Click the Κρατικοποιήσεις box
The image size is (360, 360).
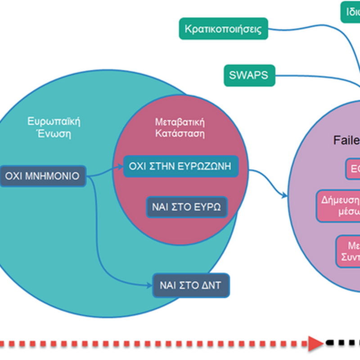point(224,29)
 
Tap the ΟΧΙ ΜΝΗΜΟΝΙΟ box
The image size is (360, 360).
point(43,176)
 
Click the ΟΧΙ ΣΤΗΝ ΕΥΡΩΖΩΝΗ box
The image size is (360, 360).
point(180,166)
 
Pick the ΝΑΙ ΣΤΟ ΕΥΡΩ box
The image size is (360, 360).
point(187,207)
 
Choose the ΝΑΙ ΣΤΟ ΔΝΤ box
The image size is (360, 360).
point(191,285)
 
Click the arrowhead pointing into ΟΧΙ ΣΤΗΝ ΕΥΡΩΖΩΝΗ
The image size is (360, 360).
point(120,166)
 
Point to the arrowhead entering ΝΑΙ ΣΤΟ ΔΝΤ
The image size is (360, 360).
point(149,285)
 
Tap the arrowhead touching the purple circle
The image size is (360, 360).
point(284,195)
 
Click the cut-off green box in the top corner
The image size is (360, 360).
point(350,12)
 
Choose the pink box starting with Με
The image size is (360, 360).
point(348,252)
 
